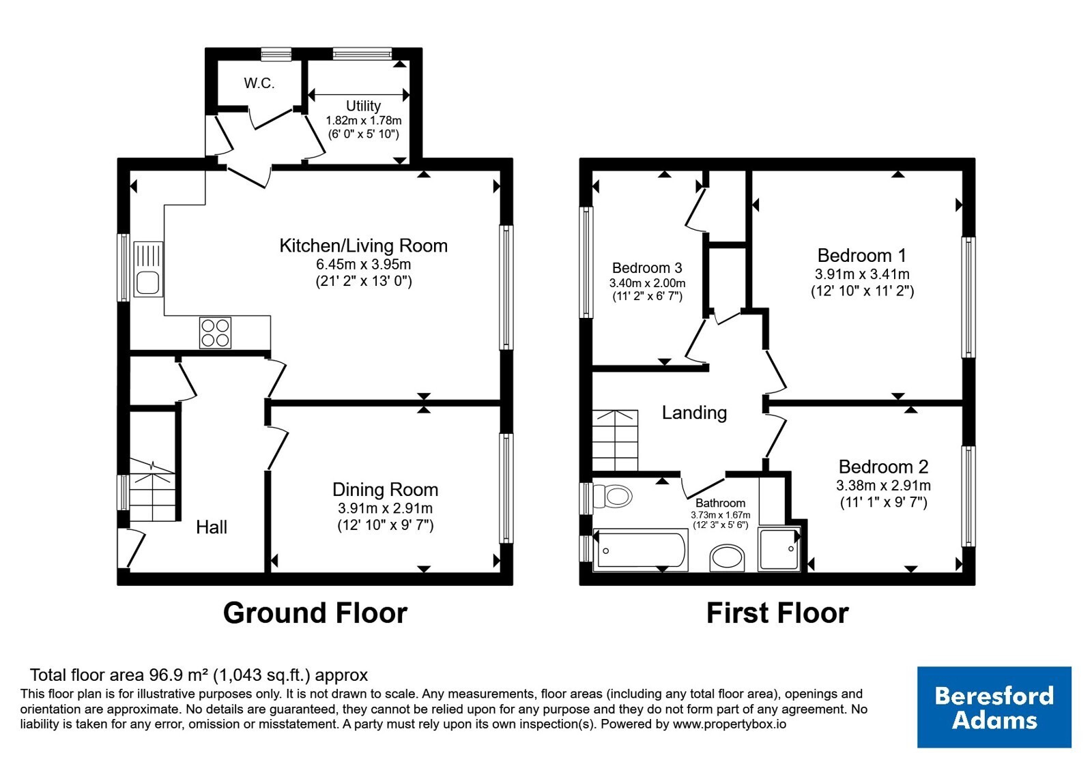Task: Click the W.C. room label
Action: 259,83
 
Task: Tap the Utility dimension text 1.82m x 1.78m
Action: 364,120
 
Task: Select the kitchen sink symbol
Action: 147,269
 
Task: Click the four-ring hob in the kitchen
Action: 215,333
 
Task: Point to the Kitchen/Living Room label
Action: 364,246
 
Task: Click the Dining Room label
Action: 385,490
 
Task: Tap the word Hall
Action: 212,527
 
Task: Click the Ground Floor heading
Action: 315,613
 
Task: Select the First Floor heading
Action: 777,613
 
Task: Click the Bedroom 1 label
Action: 862,255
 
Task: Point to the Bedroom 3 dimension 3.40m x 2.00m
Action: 648,283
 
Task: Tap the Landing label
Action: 694,413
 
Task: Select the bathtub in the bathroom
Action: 641,550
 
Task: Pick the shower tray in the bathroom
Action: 779,548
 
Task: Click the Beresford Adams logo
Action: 994,707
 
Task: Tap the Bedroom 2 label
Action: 883,467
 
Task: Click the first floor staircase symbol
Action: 615,441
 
